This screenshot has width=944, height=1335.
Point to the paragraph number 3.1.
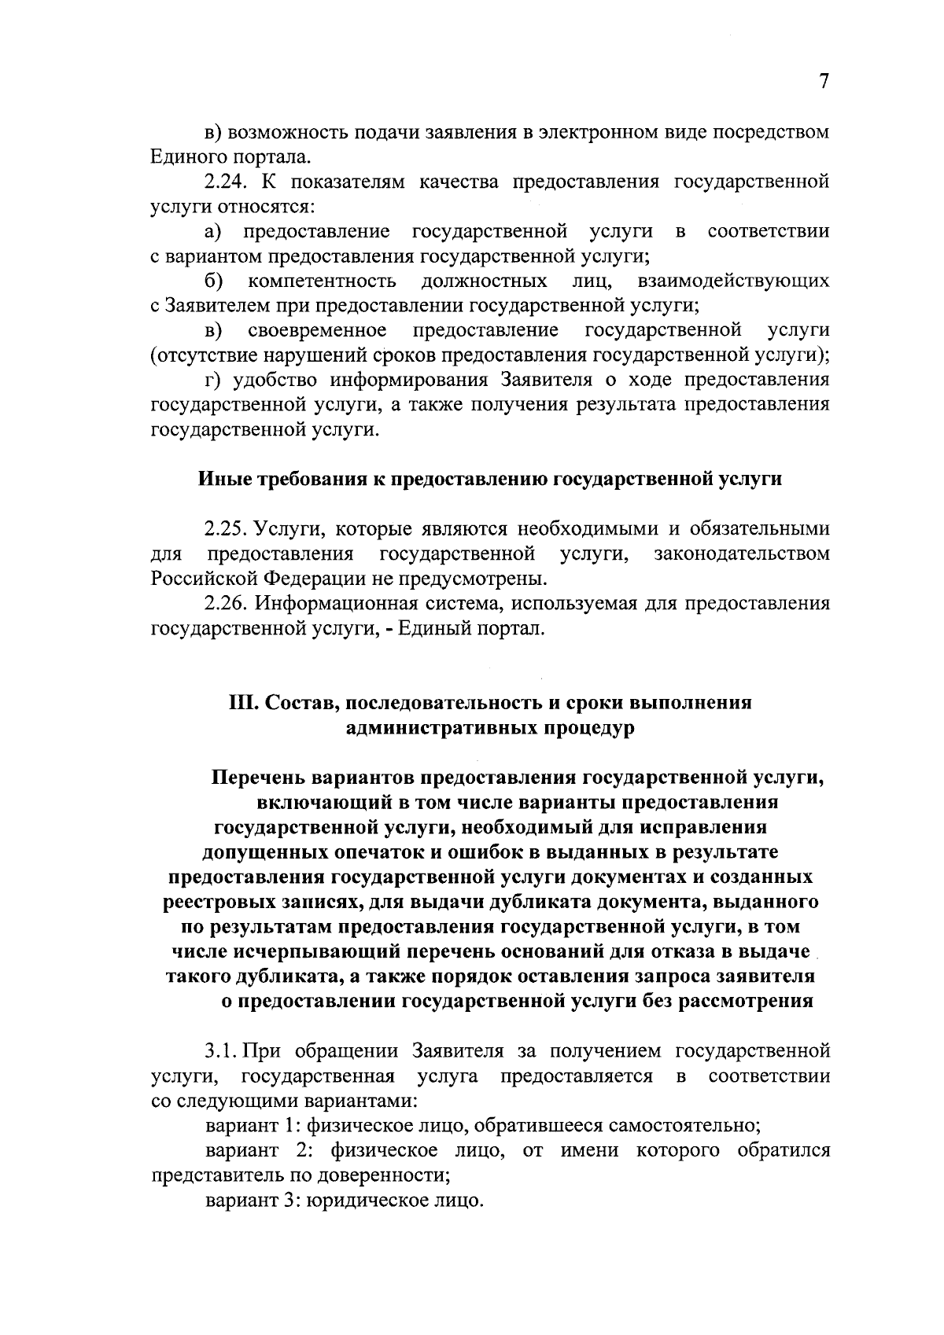(222, 1050)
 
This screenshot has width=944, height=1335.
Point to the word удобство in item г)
(272, 381)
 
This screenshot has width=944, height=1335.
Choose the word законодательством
(742, 553)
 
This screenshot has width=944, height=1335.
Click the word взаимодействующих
(734, 281)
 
